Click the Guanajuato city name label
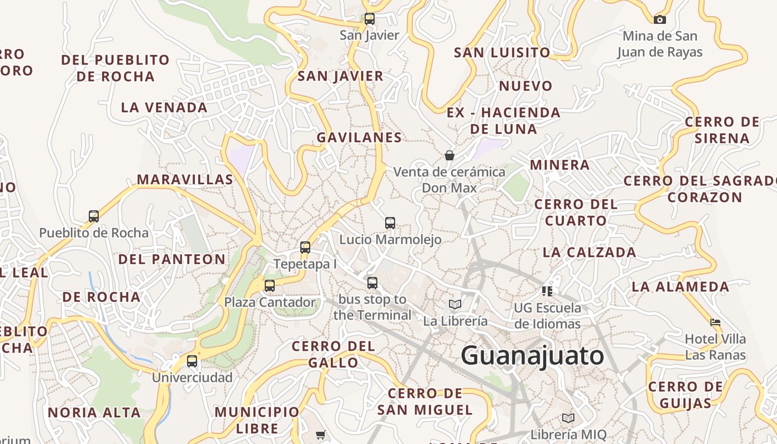pyautogui.click(x=532, y=356)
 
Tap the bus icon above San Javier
pyautogui.click(x=370, y=19)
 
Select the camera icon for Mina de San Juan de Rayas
pyautogui.click(x=659, y=19)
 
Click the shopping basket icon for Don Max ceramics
pyautogui.click(x=450, y=155)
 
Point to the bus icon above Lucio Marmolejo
pyautogui.click(x=390, y=223)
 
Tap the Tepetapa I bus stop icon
pyautogui.click(x=305, y=248)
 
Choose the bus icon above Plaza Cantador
pyautogui.click(x=270, y=286)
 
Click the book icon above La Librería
pyautogui.click(x=455, y=304)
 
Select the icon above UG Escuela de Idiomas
pyautogui.click(x=547, y=291)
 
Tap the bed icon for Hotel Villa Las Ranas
pyautogui.click(x=715, y=322)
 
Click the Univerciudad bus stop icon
pyautogui.click(x=192, y=361)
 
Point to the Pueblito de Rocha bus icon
pyautogui.click(x=94, y=216)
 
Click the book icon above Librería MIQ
pyautogui.click(x=568, y=418)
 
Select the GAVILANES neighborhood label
pyautogui.click(x=359, y=137)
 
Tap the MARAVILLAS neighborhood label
pyautogui.click(x=185, y=179)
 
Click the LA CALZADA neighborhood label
pyautogui.click(x=589, y=252)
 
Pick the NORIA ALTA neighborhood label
pyautogui.click(x=94, y=412)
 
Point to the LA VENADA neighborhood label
pyautogui.click(x=164, y=107)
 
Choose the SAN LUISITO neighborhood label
pyautogui.click(x=502, y=53)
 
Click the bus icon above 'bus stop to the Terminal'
pyautogui.click(x=372, y=283)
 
